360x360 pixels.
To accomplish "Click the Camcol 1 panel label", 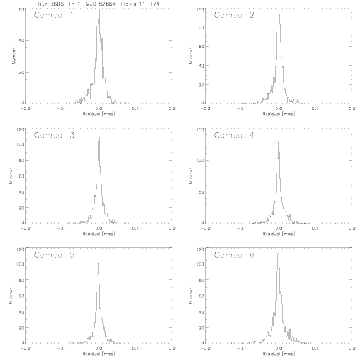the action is point(54,15).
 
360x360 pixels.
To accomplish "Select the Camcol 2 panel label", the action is point(234,15).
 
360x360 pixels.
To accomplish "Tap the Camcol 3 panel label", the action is point(54,135).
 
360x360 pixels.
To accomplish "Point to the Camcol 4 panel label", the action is point(234,135).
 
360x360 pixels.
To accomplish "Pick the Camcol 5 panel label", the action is point(54,255).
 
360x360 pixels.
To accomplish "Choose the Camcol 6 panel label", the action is point(234,255).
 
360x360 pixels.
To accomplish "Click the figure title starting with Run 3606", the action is point(99,4).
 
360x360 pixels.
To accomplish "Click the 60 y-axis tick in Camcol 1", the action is point(22,9).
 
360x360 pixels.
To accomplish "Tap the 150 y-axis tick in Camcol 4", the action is point(201,129).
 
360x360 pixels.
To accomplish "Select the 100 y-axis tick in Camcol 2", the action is point(201,9).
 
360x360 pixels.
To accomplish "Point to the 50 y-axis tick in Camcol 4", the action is point(202,192).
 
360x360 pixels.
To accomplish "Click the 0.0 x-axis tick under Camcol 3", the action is point(99,229).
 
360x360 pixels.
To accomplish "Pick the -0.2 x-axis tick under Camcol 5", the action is point(25,349).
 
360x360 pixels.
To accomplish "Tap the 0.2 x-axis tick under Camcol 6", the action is point(352,349).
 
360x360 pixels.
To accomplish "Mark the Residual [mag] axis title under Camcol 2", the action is point(279,114).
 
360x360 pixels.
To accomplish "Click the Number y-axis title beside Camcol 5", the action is point(11,296).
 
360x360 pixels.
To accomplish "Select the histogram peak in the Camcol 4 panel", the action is point(279,142).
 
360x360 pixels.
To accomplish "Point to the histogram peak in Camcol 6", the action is point(278,254).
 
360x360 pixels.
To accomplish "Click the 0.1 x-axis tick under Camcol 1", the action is point(136,108).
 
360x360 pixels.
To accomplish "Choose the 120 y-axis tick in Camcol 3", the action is point(21,129).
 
